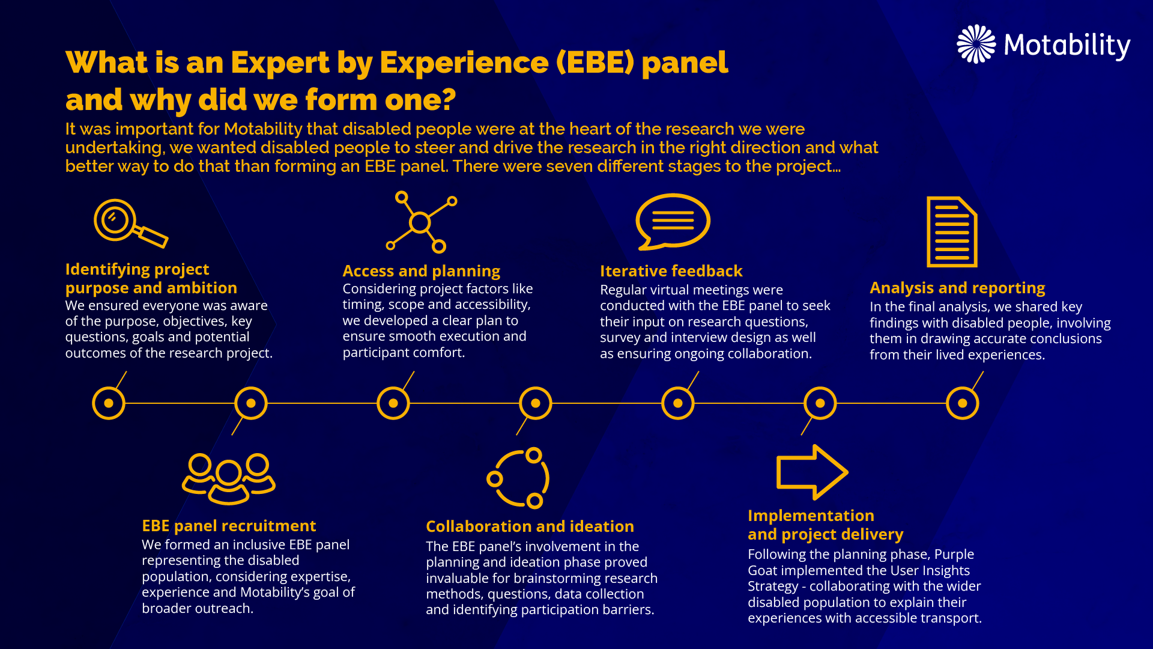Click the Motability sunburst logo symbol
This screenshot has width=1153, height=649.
[x=976, y=44]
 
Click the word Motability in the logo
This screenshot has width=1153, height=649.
[x=1067, y=46]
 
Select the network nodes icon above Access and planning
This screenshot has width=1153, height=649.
[x=420, y=222]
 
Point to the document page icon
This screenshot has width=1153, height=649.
[x=952, y=231]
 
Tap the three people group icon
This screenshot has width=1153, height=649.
[x=229, y=479]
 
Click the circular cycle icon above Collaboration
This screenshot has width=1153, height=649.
[x=518, y=478]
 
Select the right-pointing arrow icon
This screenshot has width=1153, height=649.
[x=813, y=472]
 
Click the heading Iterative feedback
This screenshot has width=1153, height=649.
[x=671, y=271]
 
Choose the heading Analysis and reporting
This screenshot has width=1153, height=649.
[x=957, y=288]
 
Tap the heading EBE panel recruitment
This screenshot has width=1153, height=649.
[x=229, y=526]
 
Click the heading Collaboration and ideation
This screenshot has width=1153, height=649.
[x=530, y=526]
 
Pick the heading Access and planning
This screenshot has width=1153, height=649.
[x=421, y=272]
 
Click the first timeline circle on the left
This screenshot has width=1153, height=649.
[x=109, y=403]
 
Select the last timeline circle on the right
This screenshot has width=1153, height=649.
[x=963, y=403]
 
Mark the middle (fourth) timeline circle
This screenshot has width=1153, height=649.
[x=536, y=403]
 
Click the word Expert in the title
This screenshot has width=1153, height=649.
[x=280, y=63]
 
